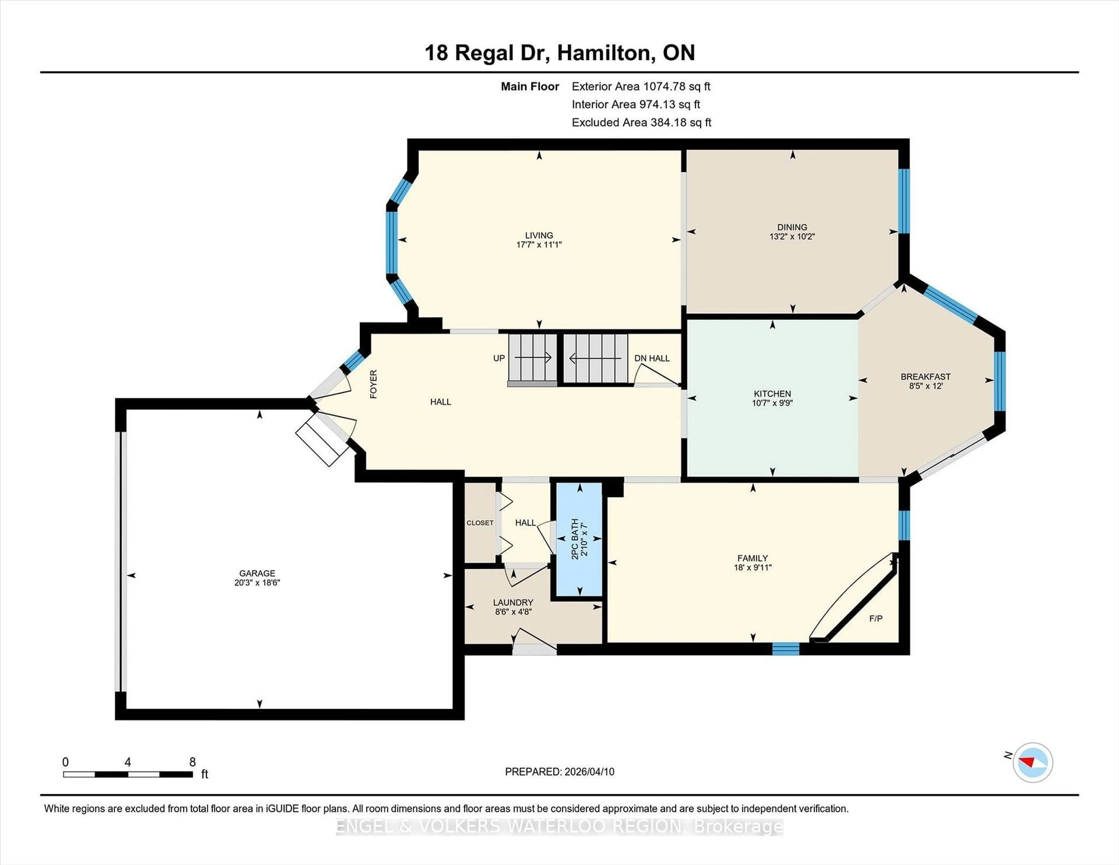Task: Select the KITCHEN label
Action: point(772,393)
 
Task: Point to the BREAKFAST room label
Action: point(925,377)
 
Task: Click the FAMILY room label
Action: point(752,558)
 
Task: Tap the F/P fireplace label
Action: point(876,618)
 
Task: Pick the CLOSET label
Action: point(480,523)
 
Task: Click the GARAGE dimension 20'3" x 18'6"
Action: point(257,583)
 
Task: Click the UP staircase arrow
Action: point(533,357)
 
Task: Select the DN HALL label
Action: point(652,358)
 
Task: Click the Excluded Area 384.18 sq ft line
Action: point(641,122)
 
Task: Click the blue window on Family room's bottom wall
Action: point(785,649)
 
